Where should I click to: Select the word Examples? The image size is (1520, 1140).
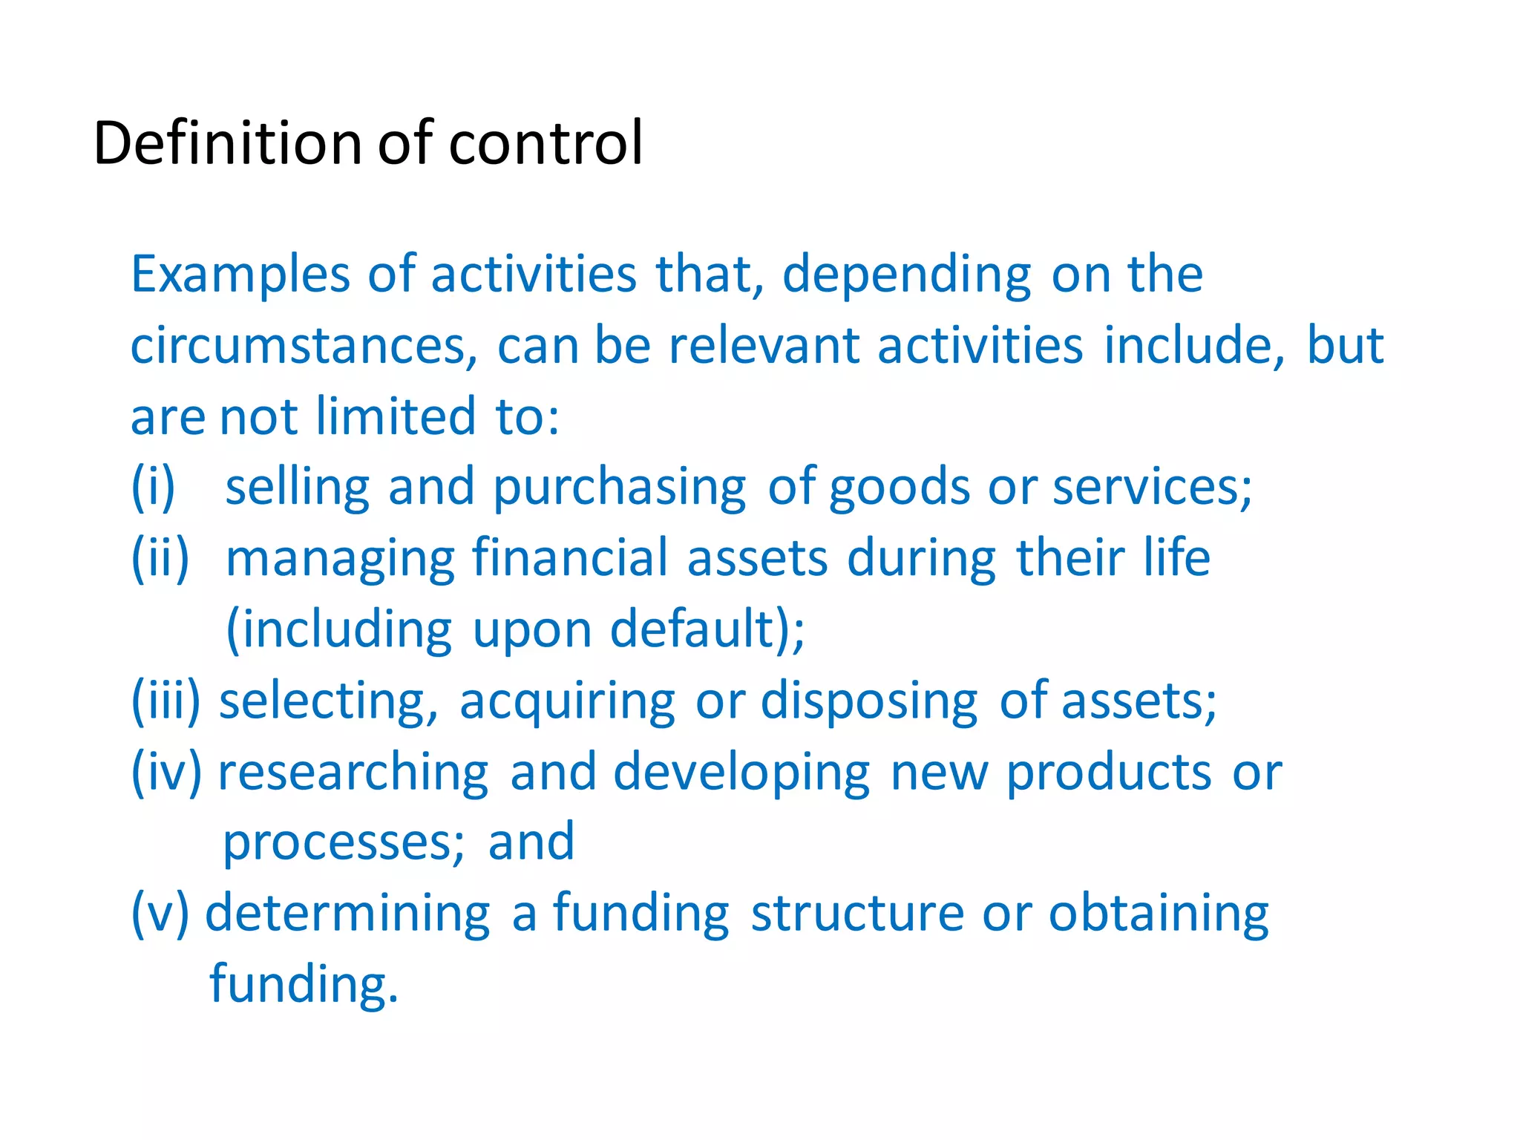[240, 275]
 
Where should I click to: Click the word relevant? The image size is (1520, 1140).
[763, 346]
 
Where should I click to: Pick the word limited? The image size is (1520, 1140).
[395, 416]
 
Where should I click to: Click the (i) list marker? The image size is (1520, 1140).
[153, 488]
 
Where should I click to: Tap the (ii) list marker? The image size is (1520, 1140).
[160, 558]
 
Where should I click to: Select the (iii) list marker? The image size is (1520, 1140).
[166, 701]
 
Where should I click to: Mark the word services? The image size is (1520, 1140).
[1152, 488]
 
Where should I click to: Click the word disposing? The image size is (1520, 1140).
[869, 702]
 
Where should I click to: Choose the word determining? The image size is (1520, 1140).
[347, 914]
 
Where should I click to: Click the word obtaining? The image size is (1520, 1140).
[1159, 914]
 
